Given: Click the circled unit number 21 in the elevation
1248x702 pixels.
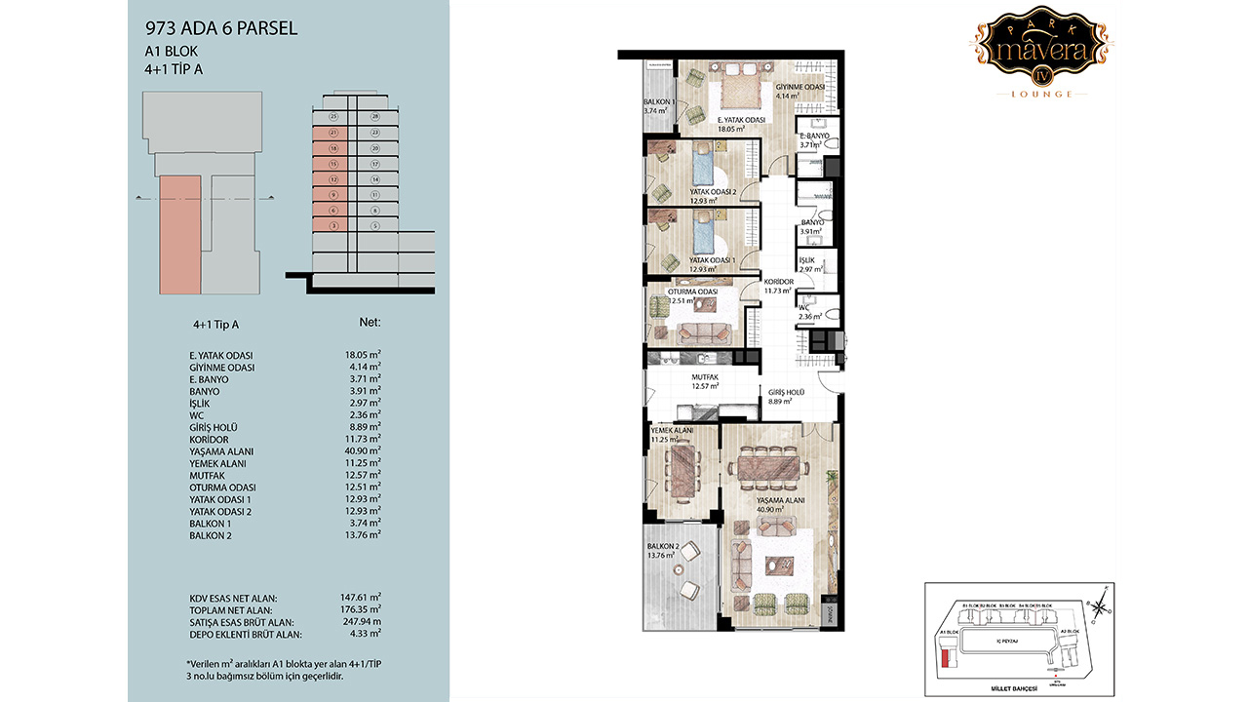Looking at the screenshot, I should click(333, 133).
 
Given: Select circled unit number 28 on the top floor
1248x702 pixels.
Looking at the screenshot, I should click(374, 116).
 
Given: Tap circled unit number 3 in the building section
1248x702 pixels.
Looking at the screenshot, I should click(333, 225).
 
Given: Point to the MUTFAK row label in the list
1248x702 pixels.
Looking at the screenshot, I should click(207, 475).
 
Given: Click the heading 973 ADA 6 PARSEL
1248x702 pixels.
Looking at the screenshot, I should click(220, 29).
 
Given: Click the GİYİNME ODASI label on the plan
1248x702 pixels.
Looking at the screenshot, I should click(800, 87).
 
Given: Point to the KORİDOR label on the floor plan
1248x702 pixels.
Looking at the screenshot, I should click(779, 282).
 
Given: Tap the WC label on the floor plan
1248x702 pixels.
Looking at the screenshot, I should click(804, 307).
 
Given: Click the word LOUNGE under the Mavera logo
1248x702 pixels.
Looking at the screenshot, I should click(1042, 95).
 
